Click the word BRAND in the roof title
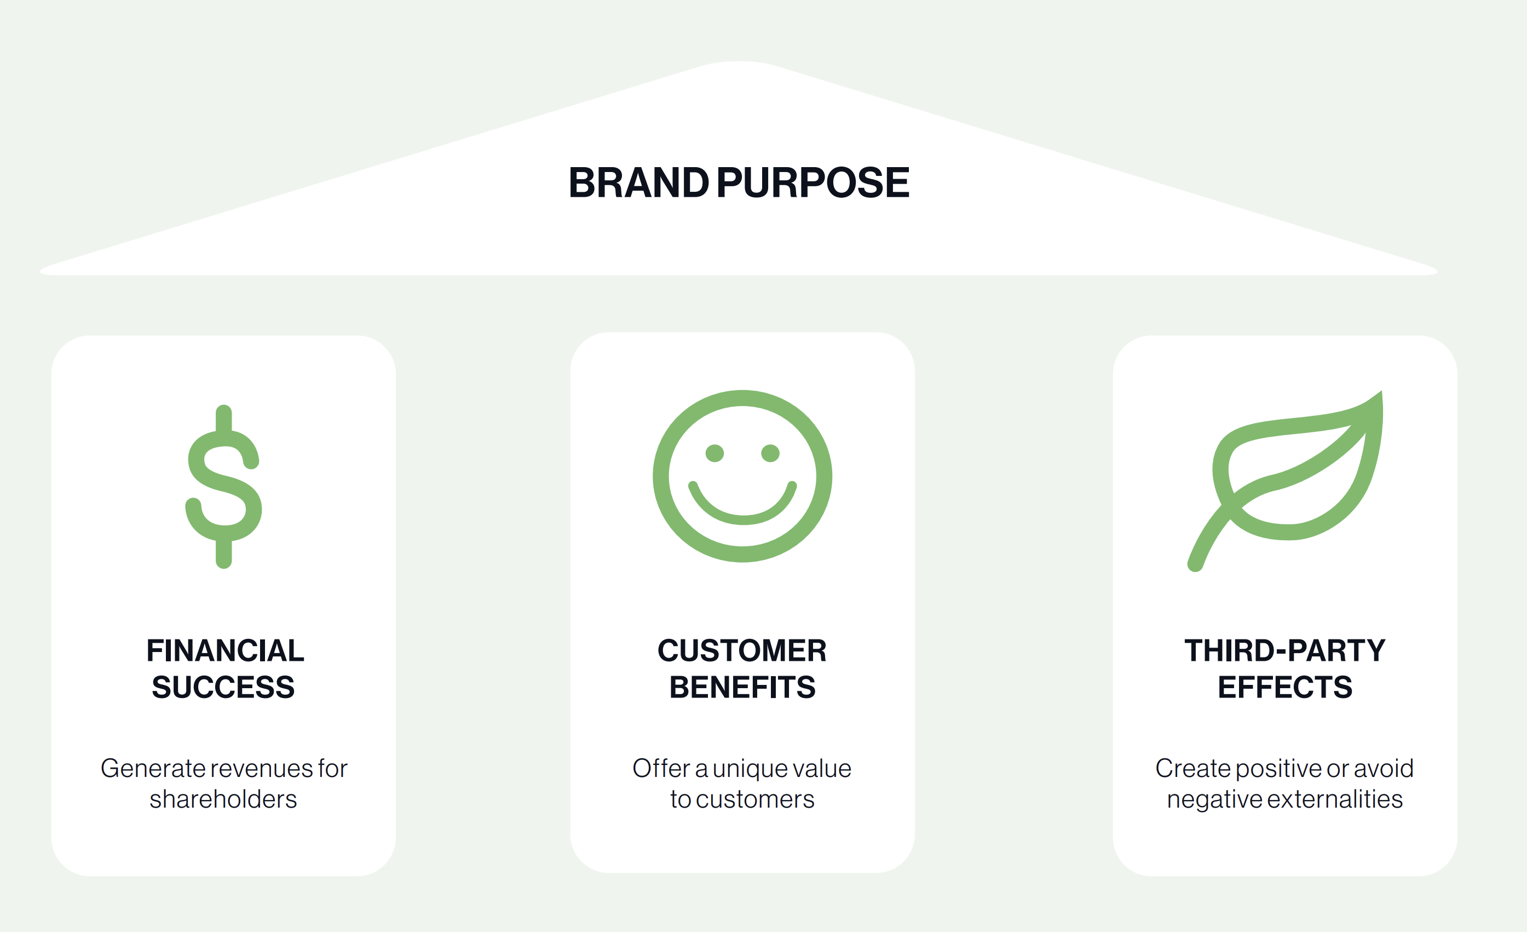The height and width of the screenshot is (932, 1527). (x=638, y=183)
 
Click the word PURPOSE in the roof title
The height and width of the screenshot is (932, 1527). (x=813, y=183)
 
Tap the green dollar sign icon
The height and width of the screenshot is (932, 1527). (x=224, y=486)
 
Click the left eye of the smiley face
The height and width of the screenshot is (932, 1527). (x=714, y=453)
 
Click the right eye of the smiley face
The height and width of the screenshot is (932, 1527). (x=770, y=453)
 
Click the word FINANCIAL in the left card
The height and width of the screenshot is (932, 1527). (x=225, y=650)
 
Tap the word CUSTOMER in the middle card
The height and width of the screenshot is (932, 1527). (x=742, y=650)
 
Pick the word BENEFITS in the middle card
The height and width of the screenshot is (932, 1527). (x=742, y=687)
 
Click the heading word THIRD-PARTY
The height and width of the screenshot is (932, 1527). (x=1284, y=650)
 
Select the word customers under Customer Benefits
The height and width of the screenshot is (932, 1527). (x=755, y=800)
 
